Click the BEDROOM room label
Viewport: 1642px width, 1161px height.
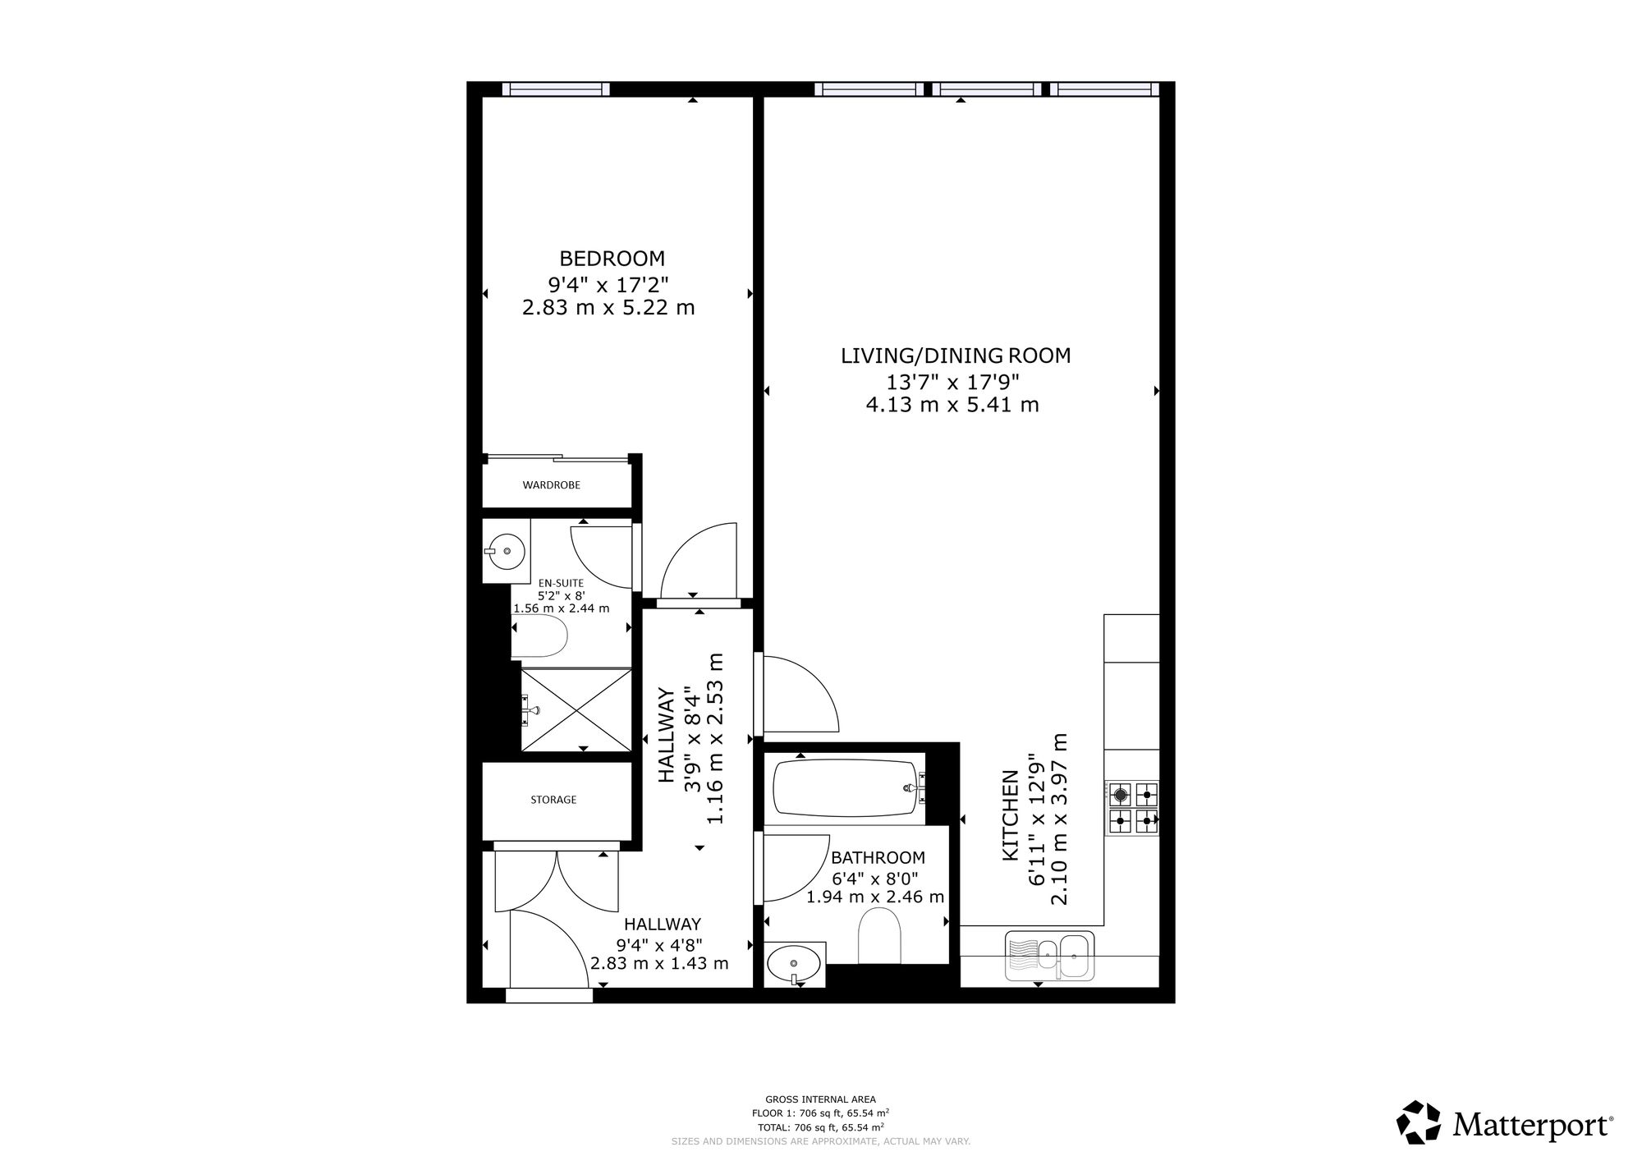point(612,259)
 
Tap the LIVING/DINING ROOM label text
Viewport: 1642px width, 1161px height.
point(956,356)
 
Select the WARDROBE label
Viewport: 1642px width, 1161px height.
point(552,485)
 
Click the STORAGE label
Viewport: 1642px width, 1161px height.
point(553,800)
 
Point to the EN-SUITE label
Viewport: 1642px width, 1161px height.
point(562,583)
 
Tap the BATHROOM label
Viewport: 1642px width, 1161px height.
point(878,858)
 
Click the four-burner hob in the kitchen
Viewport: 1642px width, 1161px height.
point(1134,807)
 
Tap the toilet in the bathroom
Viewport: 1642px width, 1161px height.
point(879,935)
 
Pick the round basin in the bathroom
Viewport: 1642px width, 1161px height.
point(794,961)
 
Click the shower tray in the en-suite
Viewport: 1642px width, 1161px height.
point(576,709)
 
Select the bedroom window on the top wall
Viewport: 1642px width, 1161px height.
point(556,89)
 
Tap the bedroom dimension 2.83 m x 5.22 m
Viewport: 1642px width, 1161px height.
point(608,308)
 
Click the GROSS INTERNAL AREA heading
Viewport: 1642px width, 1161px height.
point(820,1099)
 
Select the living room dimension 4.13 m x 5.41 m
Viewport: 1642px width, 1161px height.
point(952,405)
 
